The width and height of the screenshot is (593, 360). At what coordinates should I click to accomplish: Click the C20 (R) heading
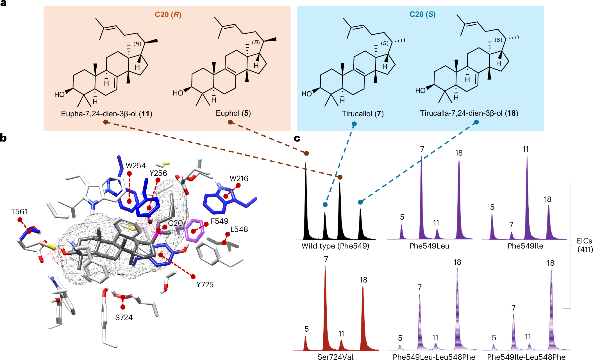(x=168, y=15)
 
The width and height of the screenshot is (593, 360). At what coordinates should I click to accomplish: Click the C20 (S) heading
(x=422, y=14)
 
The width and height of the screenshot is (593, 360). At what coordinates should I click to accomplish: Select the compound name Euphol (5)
(x=233, y=113)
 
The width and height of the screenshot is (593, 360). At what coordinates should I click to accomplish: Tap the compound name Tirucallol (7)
(x=362, y=114)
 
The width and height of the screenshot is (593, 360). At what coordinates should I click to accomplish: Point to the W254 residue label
(x=136, y=166)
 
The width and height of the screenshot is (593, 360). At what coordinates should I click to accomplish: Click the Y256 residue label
(x=158, y=173)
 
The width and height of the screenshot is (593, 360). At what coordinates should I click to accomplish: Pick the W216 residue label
(x=239, y=179)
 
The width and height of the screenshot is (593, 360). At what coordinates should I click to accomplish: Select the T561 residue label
(x=19, y=212)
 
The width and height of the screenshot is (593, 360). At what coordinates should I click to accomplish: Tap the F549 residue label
(x=219, y=221)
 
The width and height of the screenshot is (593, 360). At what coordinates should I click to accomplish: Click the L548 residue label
(x=239, y=229)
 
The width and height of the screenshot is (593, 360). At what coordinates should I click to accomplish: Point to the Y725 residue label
(x=205, y=285)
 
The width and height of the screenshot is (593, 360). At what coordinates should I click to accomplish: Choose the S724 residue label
(x=124, y=318)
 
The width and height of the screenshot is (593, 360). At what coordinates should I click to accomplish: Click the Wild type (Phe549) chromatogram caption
(x=335, y=246)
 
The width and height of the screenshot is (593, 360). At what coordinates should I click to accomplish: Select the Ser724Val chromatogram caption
(x=335, y=357)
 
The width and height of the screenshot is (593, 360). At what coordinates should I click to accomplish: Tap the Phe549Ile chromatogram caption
(x=525, y=246)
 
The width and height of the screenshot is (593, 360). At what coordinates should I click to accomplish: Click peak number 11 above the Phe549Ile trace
(x=526, y=149)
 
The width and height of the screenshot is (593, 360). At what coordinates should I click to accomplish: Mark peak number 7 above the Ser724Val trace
(x=326, y=259)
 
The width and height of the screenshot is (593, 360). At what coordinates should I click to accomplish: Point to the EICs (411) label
(x=585, y=245)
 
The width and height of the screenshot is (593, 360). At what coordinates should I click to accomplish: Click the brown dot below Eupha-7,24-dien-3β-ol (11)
(x=106, y=122)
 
